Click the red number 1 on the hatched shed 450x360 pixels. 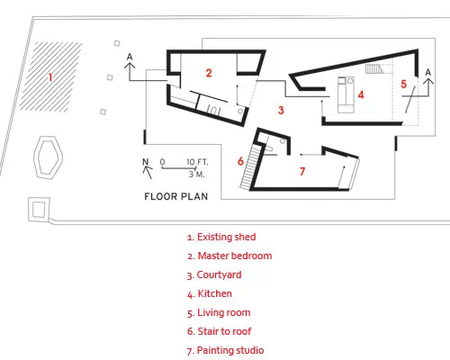coord(50,77)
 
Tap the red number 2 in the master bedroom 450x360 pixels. coord(209,73)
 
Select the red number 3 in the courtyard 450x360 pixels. coord(281,110)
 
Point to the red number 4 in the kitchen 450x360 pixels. coord(361,94)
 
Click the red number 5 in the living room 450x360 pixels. coord(404,84)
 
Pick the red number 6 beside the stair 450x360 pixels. coord(240,161)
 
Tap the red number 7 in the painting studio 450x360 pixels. coord(302,171)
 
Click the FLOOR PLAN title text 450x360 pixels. coord(176,196)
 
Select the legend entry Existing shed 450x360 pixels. coord(221,237)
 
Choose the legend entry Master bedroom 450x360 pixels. coord(229,256)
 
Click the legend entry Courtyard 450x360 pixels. coord(214,275)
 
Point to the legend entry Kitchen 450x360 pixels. coord(210,293)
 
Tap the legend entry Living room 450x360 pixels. coord(219,313)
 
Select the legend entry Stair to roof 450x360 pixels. coord(219,331)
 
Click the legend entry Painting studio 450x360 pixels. coord(225,350)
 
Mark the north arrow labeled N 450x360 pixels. coord(147,168)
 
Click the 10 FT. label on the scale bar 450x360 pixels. coord(197,162)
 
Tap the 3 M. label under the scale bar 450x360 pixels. coord(196,175)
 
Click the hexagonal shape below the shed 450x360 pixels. coord(49,157)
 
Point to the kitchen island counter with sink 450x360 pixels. coord(346,94)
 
